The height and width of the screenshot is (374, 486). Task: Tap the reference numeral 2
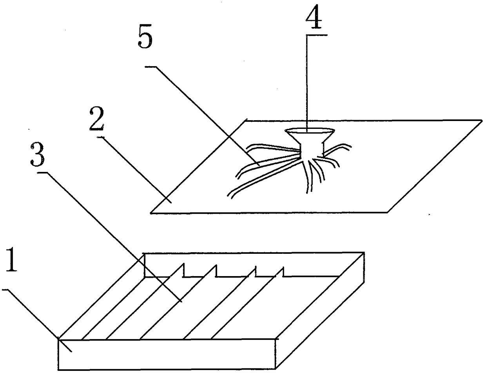click(x=97, y=123)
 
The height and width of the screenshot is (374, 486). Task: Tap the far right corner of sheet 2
click(x=482, y=120)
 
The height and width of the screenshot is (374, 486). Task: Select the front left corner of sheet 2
click(x=151, y=213)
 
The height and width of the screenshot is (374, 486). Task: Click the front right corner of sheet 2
click(x=388, y=212)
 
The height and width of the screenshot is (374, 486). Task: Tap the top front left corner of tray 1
click(x=59, y=339)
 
